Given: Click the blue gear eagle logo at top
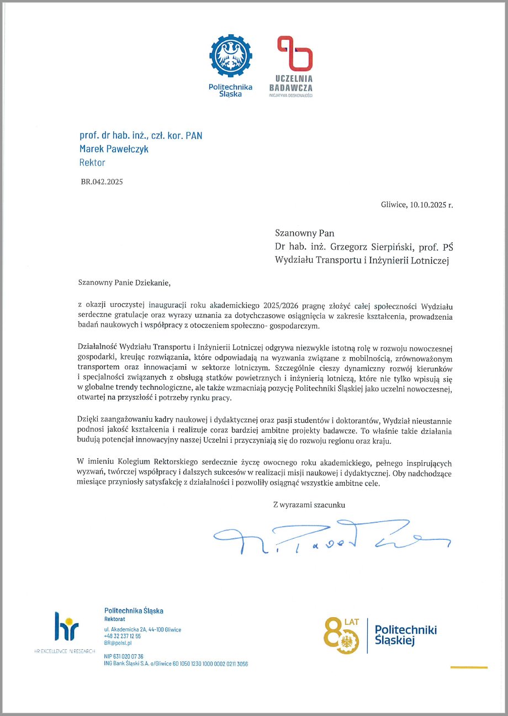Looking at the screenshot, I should point(230,57).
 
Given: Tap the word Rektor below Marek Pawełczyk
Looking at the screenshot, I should point(92,162).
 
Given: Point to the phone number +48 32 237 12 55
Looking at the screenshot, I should point(122,637).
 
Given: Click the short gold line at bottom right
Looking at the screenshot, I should point(469,667).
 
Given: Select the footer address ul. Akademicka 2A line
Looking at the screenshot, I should point(142,630).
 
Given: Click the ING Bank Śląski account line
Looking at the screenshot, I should point(176,664).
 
